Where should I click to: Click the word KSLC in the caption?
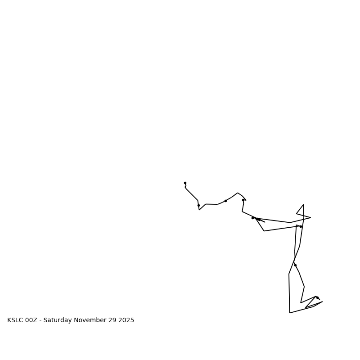point(15,320)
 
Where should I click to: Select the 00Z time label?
point(31,320)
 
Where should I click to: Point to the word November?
point(90,320)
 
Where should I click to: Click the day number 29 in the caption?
point(112,320)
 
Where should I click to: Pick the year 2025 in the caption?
point(126,320)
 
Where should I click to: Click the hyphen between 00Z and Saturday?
point(40,320)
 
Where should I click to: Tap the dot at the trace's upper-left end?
point(185,183)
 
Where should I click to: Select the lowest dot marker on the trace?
point(317,297)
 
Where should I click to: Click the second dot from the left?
point(198,205)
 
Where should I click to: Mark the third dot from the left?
point(225,201)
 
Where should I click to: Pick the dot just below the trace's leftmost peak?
point(243,200)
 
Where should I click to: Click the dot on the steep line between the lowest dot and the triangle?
point(295,265)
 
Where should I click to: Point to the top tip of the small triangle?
point(303,205)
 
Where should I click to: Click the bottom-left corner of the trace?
point(290,313)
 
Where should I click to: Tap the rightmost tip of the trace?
point(322,301)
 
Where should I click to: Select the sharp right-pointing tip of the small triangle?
point(310,218)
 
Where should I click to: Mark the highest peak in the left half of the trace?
point(238,193)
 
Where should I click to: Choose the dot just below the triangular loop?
point(301,226)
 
